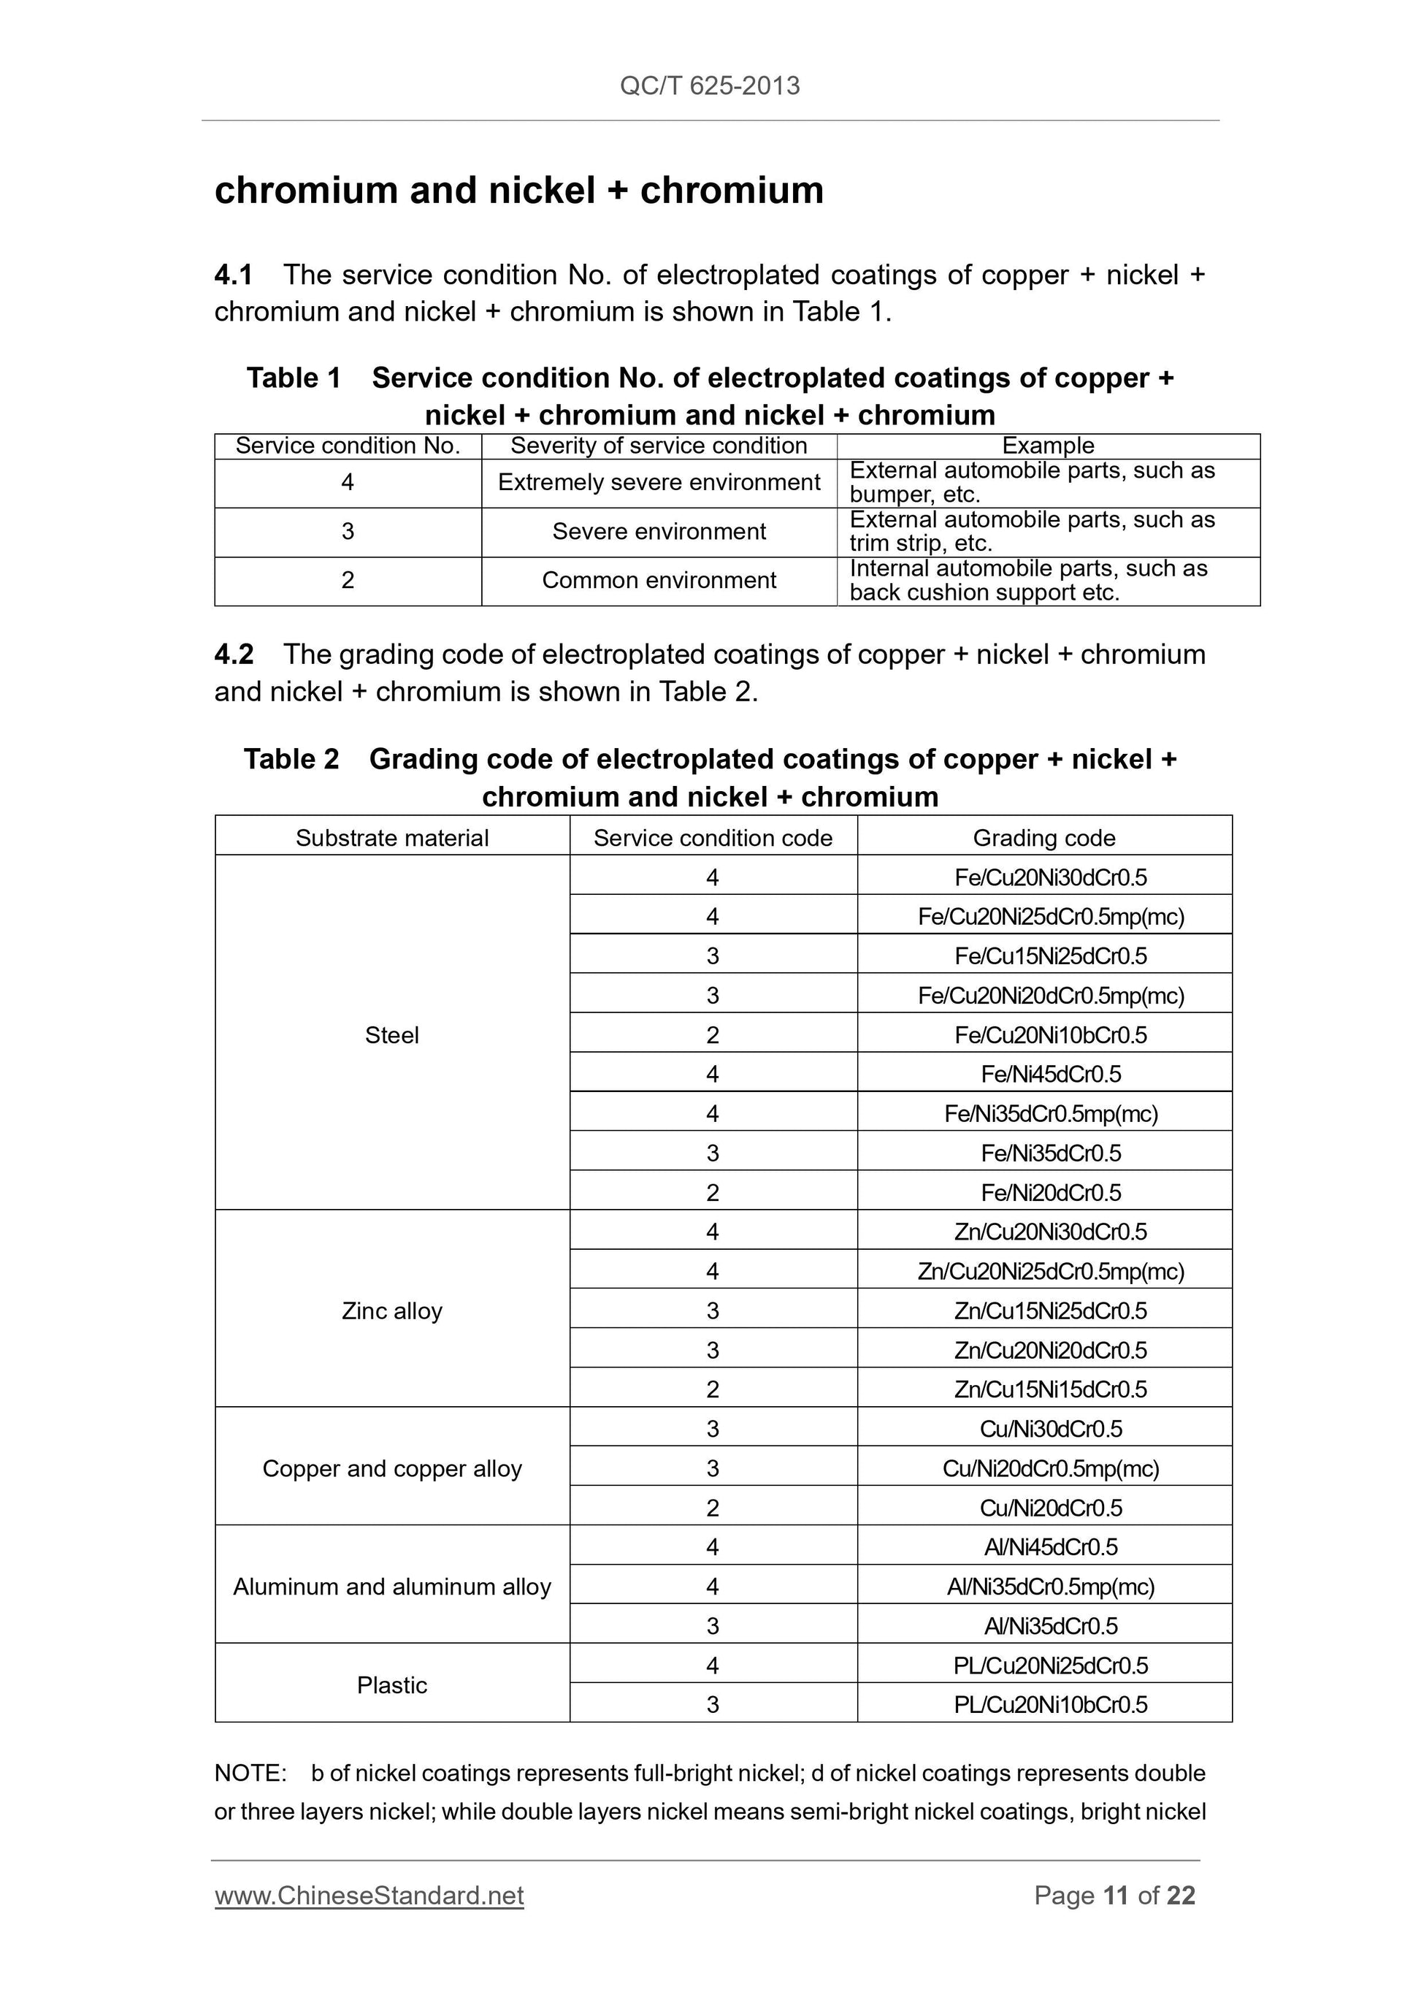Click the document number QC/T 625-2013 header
709,86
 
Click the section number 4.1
233,275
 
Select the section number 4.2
234,655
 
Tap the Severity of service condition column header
659,446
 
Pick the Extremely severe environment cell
659,483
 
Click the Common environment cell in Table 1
659,581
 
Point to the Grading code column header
1043,838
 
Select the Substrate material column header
391,838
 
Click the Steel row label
391,1035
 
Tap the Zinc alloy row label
391,1311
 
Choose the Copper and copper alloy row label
391,1469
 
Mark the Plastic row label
391,1685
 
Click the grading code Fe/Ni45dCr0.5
1051,1075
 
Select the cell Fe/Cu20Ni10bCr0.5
1051,1035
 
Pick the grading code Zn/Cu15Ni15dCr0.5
1051,1390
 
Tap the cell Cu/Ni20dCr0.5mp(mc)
1051,1469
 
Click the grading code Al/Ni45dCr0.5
1051,1548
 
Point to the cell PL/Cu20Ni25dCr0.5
1051,1666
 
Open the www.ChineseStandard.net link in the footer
369,1896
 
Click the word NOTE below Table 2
250,1774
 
